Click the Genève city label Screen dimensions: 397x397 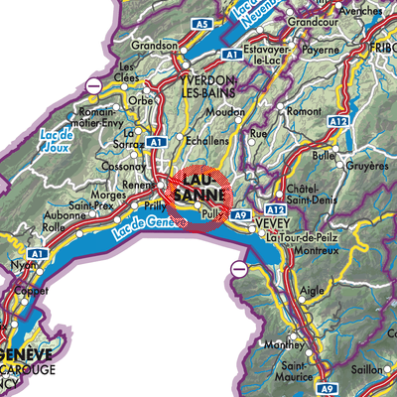tap(33, 352)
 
